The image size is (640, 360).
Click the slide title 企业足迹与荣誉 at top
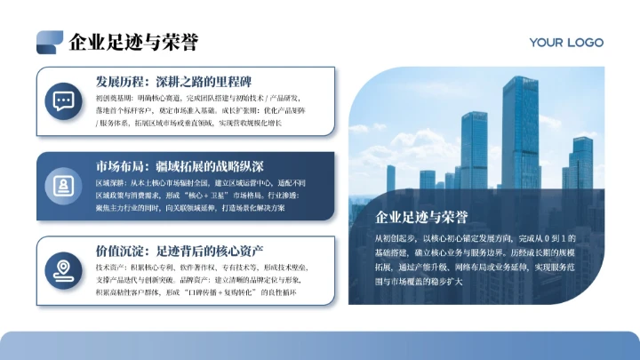click(133, 42)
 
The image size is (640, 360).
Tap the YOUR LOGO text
click(566, 42)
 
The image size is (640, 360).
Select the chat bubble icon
click(64, 100)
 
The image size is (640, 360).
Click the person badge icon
click(64, 185)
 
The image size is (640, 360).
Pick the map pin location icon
click(64, 268)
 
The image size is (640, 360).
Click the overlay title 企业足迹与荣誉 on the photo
click(422, 216)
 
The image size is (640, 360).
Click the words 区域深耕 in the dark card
click(109, 181)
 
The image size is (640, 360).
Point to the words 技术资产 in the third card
click(109, 266)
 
